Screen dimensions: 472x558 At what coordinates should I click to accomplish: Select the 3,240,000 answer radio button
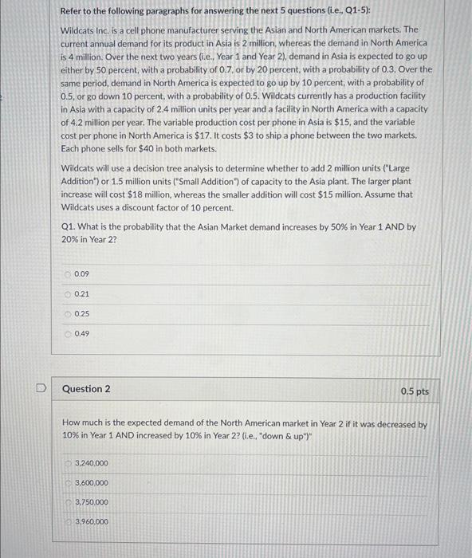pos(68,463)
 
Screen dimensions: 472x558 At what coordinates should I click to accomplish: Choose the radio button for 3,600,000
pos(68,482)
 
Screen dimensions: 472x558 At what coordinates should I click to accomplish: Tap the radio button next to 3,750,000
pos(68,502)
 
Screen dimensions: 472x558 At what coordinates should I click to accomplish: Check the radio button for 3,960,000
pos(68,521)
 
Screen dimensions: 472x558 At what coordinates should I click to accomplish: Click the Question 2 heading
pos(86,389)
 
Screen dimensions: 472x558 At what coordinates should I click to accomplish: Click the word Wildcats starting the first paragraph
pos(77,29)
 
